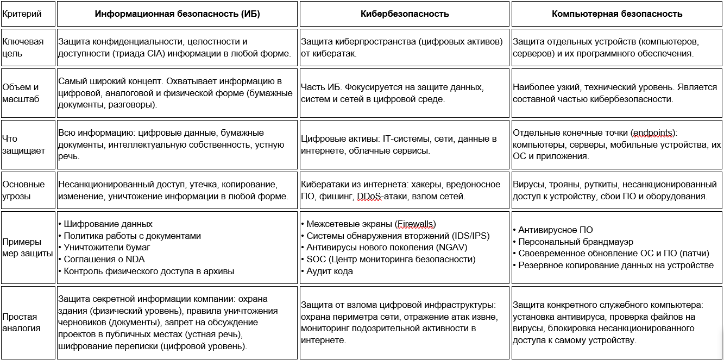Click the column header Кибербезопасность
pyautogui.click(x=405, y=14)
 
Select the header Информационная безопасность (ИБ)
pyautogui.click(x=177, y=14)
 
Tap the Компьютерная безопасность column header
pyautogui.click(x=617, y=14)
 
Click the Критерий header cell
pyautogui.click(x=22, y=14)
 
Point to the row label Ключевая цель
pyautogui.click(x=23, y=48)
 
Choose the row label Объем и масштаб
pyautogui.click(x=21, y=93)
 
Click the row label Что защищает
pyautogui.click(x=24, y=145)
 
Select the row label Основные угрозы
pyautogui.click(x=24, y=190)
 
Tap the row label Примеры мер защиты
pyautogui.click(x=28, y=247)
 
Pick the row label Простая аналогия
pyautogui.click(x=22, y=323)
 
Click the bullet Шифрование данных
pyautogui.click(x=108, y=224)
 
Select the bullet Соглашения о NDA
pyautogui.click(x=104, y=259)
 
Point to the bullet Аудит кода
pyautogui.click(x=330, y=271)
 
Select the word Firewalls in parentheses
pyautogui.click(x=415, y=224)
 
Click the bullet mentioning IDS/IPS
pyautogui.click(x=398, y=236)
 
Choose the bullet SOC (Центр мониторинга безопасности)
pyautogui.click(x=391, y=259)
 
